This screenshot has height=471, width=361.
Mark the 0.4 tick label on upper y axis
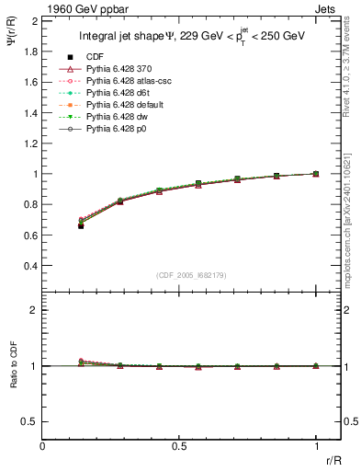tap(29, 266)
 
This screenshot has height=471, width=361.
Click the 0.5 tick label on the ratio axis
tap(29, 421)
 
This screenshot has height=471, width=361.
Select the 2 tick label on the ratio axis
tap(34, 310)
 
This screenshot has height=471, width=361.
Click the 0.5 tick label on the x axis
tap(179, 445)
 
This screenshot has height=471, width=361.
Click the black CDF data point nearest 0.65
tap(81, 225)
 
